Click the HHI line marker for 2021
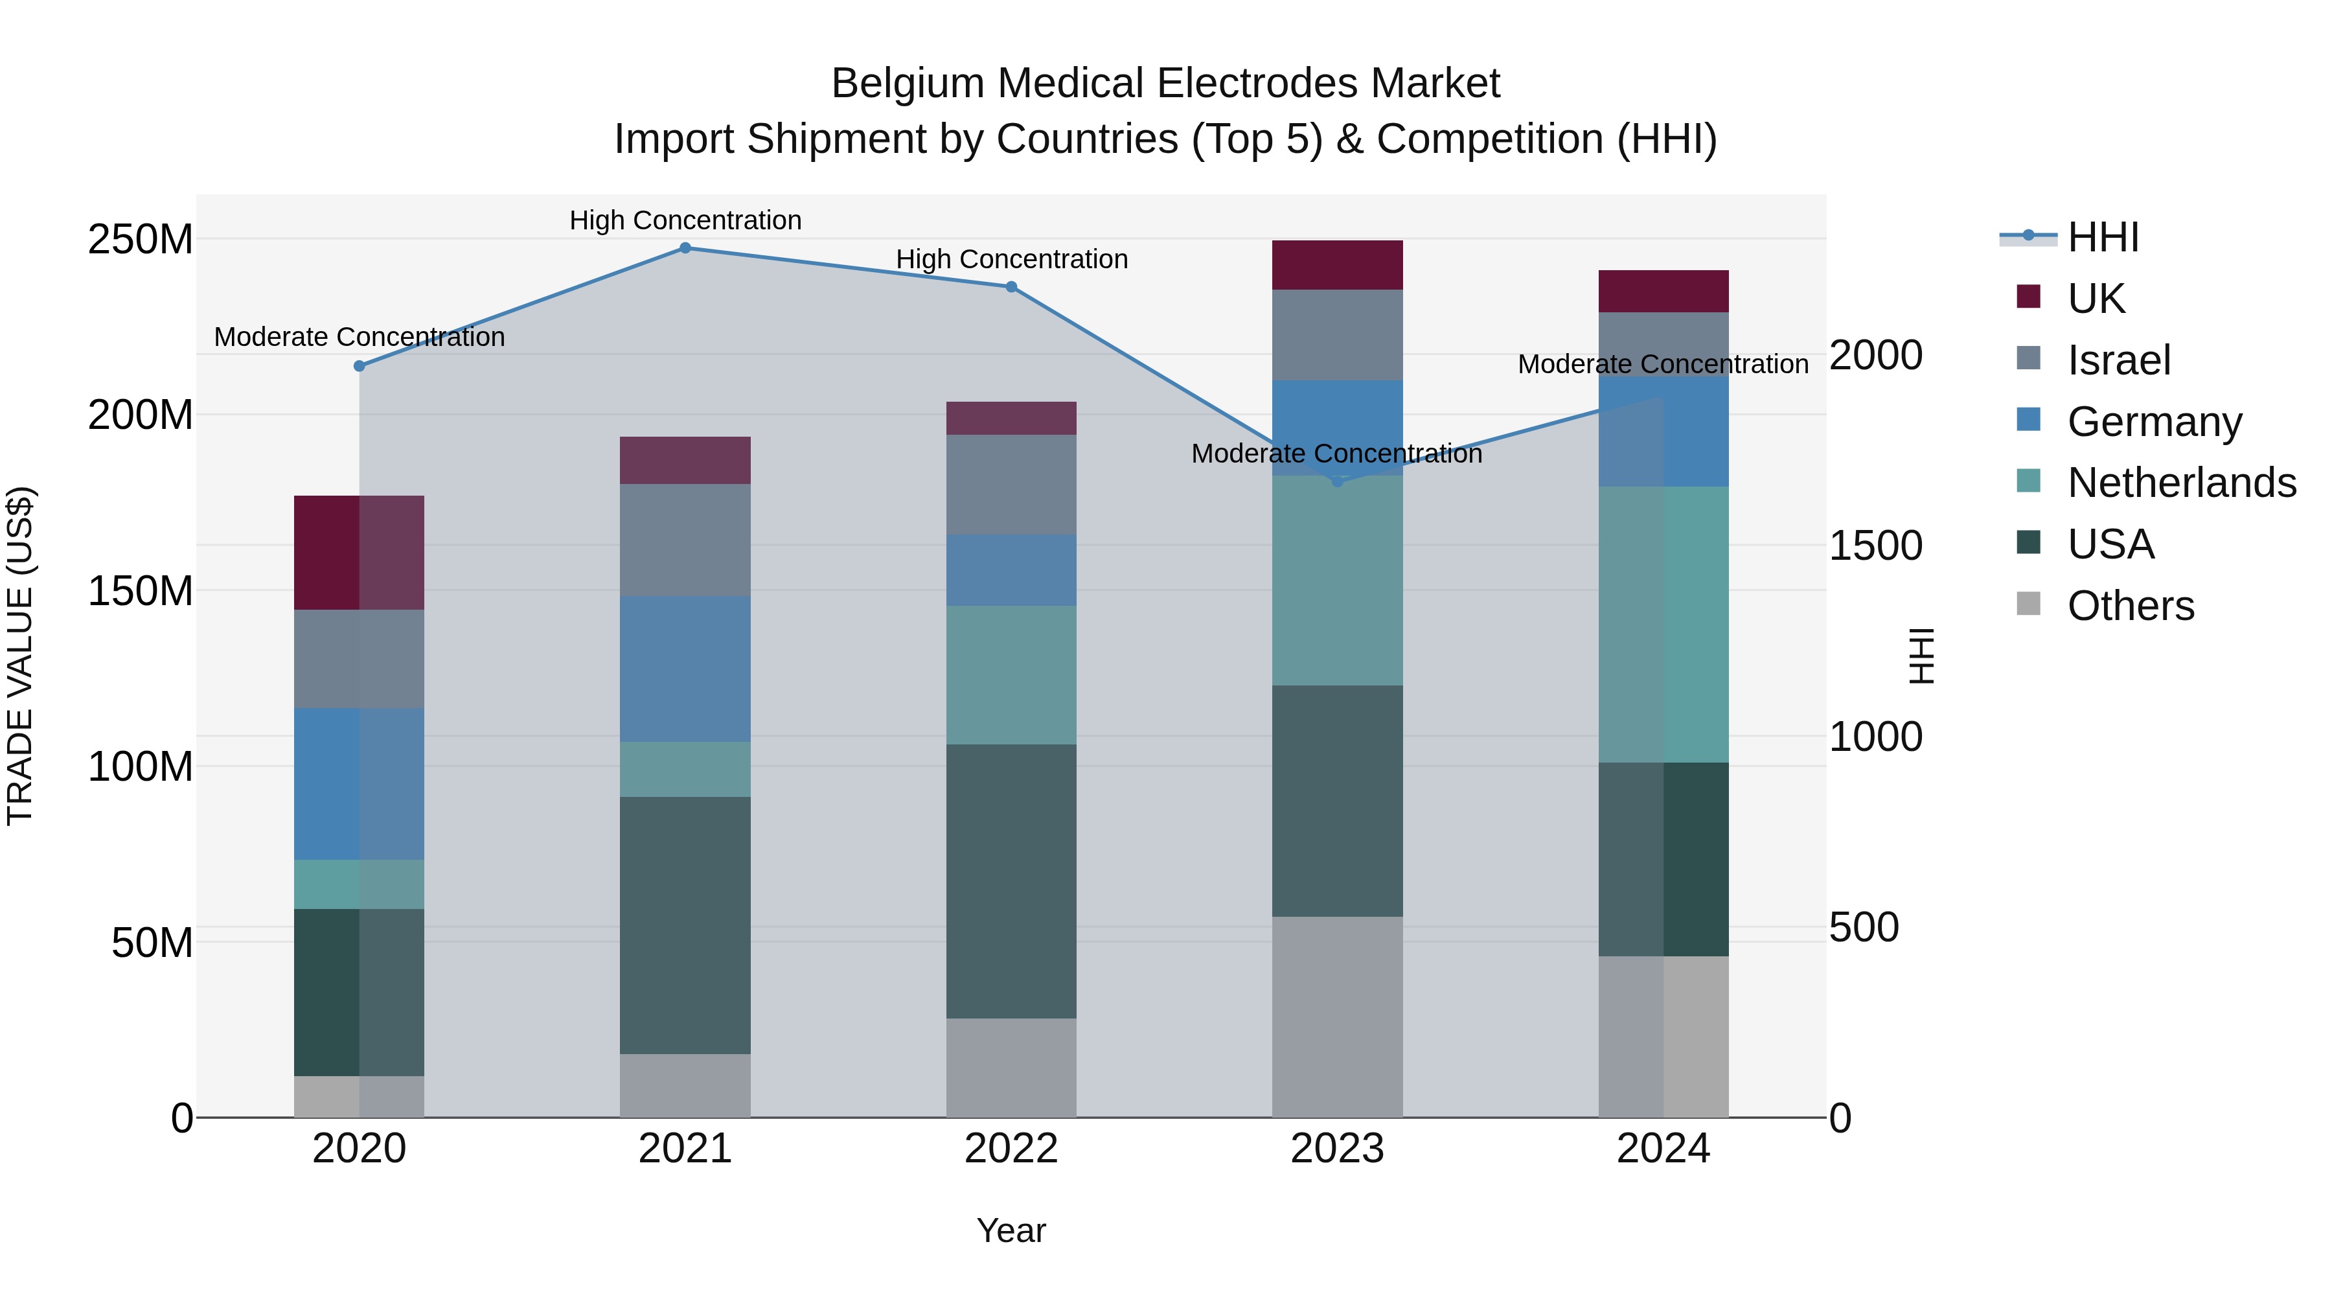point(685,248)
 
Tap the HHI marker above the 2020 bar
point(360,366)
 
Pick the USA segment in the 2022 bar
point(1011,881)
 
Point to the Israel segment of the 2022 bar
point(1011,485)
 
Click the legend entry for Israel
point(2118,360)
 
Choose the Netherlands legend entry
point(2181,483)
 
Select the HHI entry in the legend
point(2102,237)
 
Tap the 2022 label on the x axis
point(1011,1149)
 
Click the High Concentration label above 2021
point(685,220)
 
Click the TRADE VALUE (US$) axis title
point(21,656)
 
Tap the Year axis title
point(1011,1230)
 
